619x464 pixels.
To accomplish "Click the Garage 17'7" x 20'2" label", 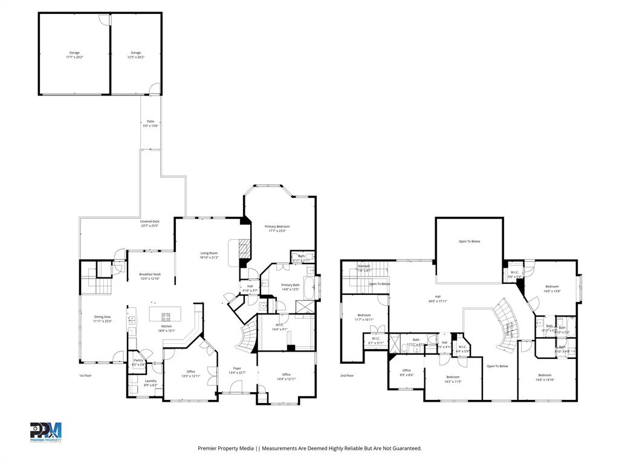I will [74, 55].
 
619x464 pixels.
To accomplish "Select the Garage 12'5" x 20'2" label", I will [135, 55].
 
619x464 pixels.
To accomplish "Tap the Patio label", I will [150, 123].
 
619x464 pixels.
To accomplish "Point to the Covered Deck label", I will [150, 224].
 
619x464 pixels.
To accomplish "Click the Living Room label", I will [209, 255].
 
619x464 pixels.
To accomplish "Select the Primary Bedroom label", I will [278, 228].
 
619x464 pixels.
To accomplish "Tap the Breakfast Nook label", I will [150, 276].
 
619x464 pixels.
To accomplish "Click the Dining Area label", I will [102, 318].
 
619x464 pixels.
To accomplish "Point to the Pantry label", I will [138, 362].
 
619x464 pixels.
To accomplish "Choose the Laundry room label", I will [151, 382].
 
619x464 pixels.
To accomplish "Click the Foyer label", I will [238, 370].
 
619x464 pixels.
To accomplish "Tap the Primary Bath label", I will [290, 286].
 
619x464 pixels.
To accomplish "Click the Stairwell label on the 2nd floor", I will [364, 268].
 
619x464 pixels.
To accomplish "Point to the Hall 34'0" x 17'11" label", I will [438, 298].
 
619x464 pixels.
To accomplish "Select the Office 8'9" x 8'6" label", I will [406, 372].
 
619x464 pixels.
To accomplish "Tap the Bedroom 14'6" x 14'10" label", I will [544, 377].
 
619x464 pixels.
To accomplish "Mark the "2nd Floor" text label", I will [346, 375].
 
